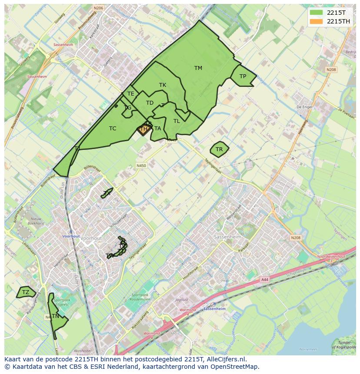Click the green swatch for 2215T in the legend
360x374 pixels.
pyautogui.click(x=316, y=12)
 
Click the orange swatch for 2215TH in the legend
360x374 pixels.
pyautogui.click(x=316, y=21)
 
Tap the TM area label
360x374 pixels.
pyautogui.click(x=198, y=68)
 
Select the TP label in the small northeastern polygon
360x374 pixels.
pyautogui.click(x=243, y=76)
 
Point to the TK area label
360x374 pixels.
pyautogui.click(x=163, y=85)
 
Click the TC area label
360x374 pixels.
pyautogui.click(x=113, y=129)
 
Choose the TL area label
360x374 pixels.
pyautogui.click(x=177, y=121)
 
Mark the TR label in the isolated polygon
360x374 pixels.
pyautogui.click(x=219, y=149)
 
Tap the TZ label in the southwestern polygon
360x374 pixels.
pyautogui.click(x=26, y=292)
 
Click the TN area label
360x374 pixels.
pyautogui.click(x=55, y=316)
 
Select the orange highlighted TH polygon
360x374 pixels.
pyautogui.click(x=143, y=129)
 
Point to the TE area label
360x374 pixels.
pyautogui.click(x=130, y=94)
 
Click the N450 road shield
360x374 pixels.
pyautogui.click(x=141, y=165)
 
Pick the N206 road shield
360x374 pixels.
pyautogui.click(x=98, y=8)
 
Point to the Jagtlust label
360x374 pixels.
pyautogui.click(x=181, y=300)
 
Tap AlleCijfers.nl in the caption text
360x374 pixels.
pyautogui.click(x=226, y=359)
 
